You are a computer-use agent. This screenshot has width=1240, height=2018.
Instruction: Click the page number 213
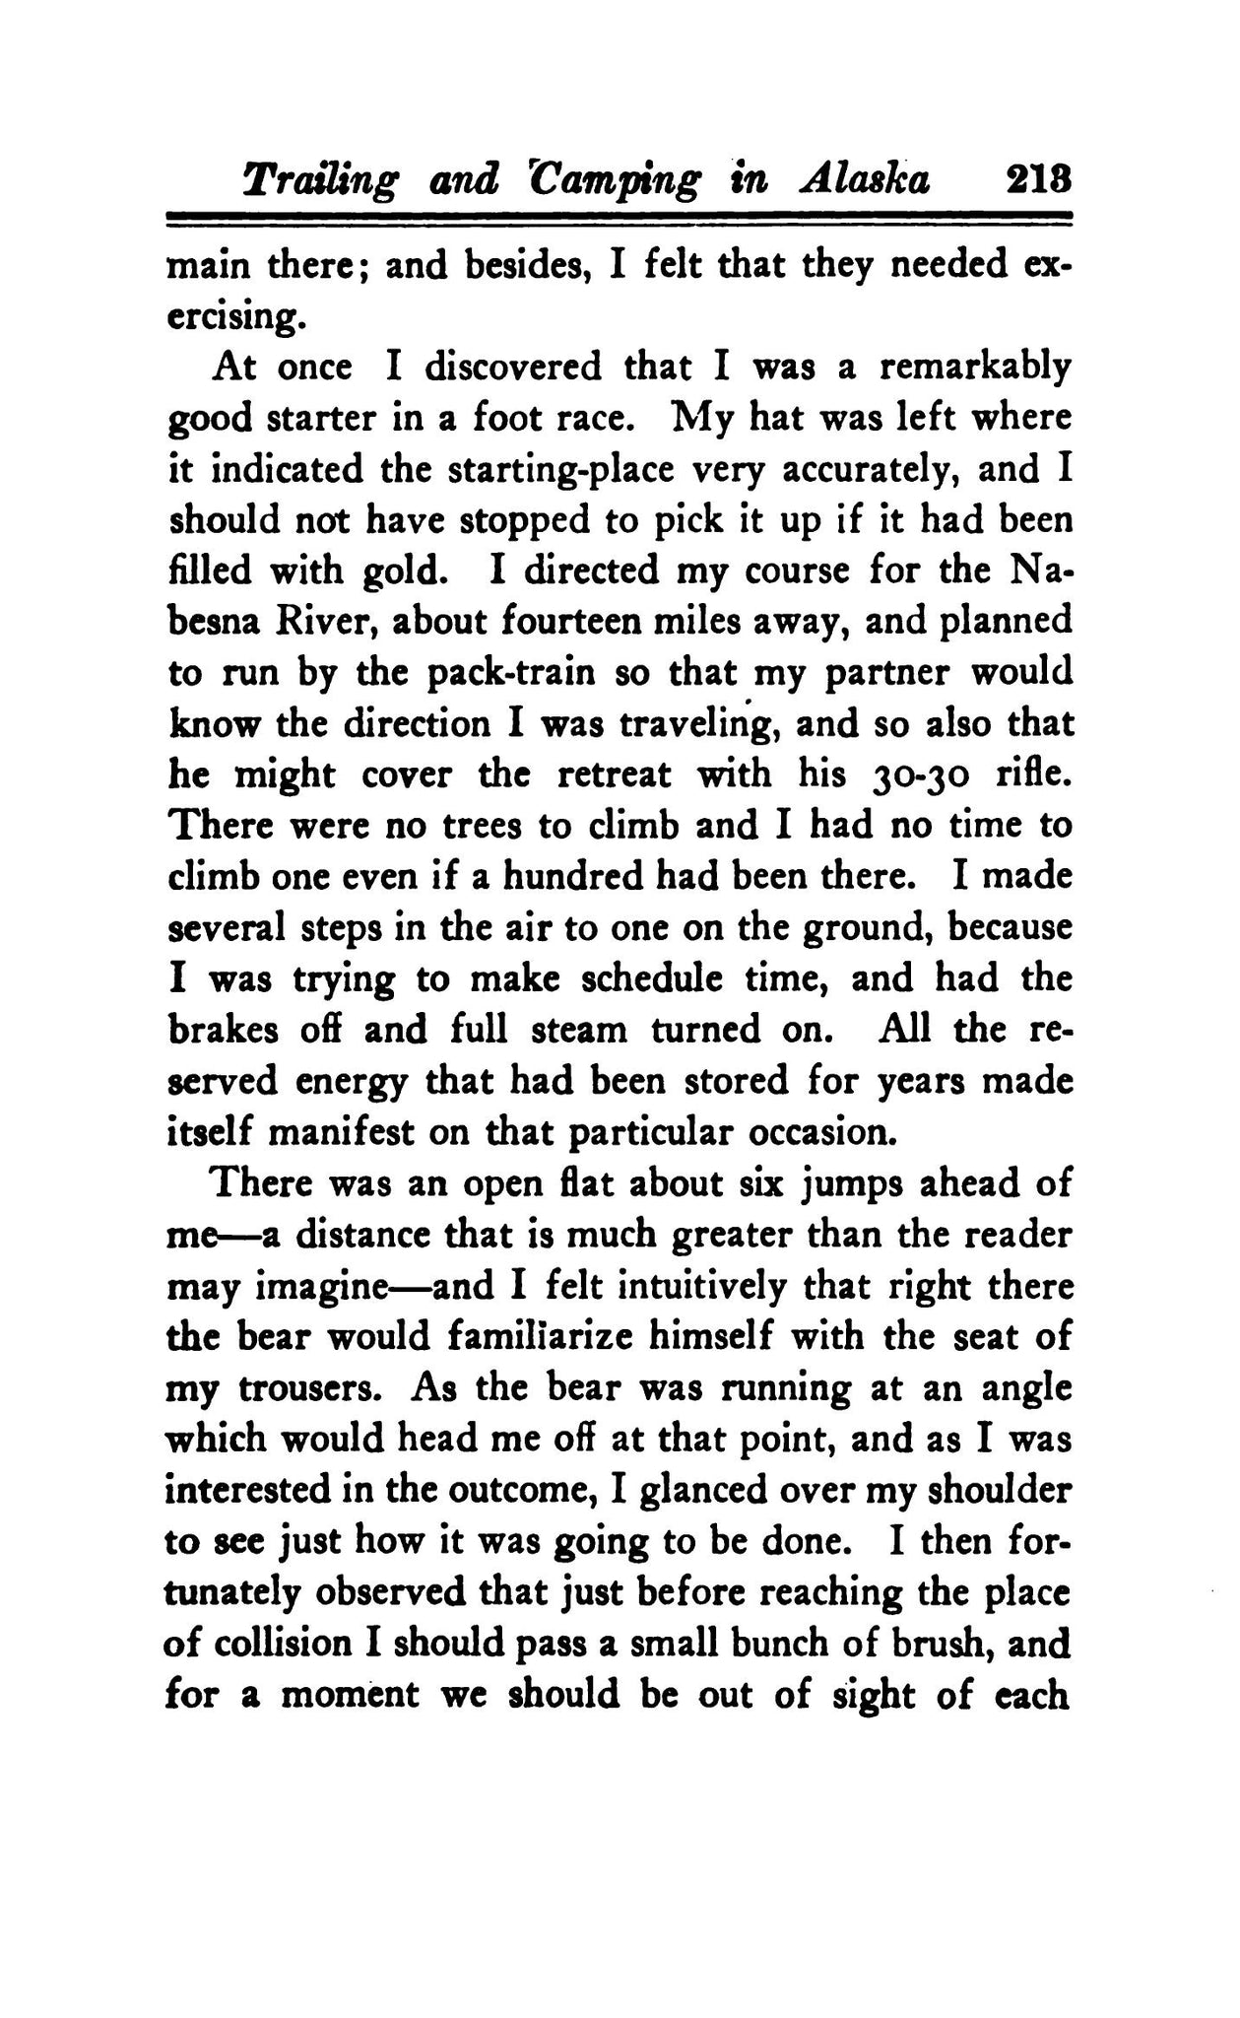(1036, 180)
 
